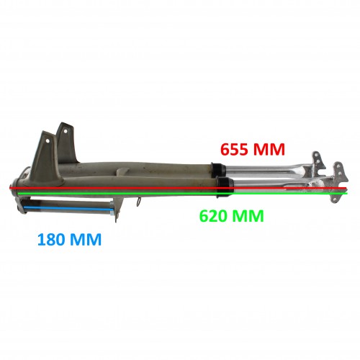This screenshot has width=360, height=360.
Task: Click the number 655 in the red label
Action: [x=234, y=149]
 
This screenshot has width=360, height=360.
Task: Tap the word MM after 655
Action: [x=269, y=149]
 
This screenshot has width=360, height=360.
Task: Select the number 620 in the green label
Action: [x=213, y=216]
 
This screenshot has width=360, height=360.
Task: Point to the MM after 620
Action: [x=248, y=216]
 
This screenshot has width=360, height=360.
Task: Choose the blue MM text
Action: [x=86, y=239]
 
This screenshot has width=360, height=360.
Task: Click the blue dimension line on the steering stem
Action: [x=68, y=209]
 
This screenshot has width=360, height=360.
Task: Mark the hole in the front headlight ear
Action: [x=48, y=140]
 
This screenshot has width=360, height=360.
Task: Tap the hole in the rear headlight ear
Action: [x=65, y=131]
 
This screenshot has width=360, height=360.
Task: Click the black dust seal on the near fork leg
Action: [x=225, y=188]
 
